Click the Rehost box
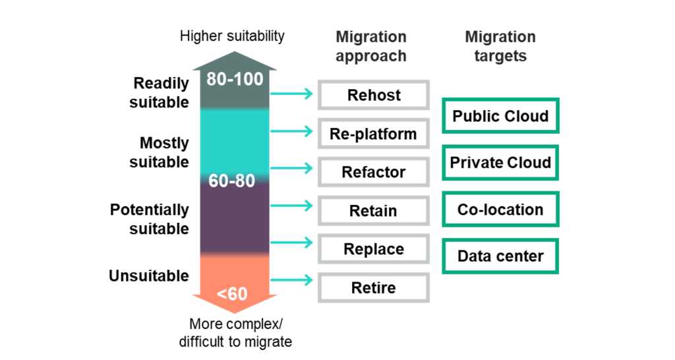click(x=374, y=95)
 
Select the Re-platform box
click(x=374, y=133)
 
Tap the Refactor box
click(x=374, y=172)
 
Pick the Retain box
click(x=374, y=210)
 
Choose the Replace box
click(x=374, y=249)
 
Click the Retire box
click(x=374, y=287)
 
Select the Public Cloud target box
click(x=501, y=116)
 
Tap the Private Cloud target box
click(x=501, y=162)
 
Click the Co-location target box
click(x=501, y=209)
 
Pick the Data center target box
click(x=501, y=256)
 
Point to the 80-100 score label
click(x=235, y=79)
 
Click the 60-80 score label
click(x=231, y=181)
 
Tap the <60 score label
click(x=232, y=294)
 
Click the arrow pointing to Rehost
click(x=291, y=94)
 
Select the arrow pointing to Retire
click(x=291, y=280)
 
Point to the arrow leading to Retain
click(x=291, y=206)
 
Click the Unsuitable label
click(x=149, y=276)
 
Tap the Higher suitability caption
click(x=232, y=36)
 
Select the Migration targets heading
click(x=500, y=46)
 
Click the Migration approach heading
click(x=371, y=46)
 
